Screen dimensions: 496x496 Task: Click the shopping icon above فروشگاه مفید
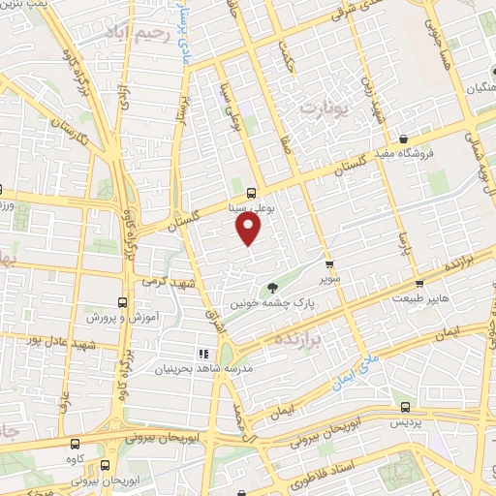click(x=416, y=138)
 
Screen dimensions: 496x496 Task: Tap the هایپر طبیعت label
click(x=418, y=300)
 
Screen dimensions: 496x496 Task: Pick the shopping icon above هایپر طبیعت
click(x=418, y=285)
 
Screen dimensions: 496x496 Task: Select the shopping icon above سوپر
click(x=329, y=263)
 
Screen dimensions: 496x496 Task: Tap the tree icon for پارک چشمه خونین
click(x=273, y=287)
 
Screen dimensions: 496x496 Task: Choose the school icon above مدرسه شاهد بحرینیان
click(x=203, y=354)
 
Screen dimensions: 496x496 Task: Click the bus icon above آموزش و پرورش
click(x=121, y=301)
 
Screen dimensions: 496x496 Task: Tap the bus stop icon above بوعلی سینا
click(x=252, y=192)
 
